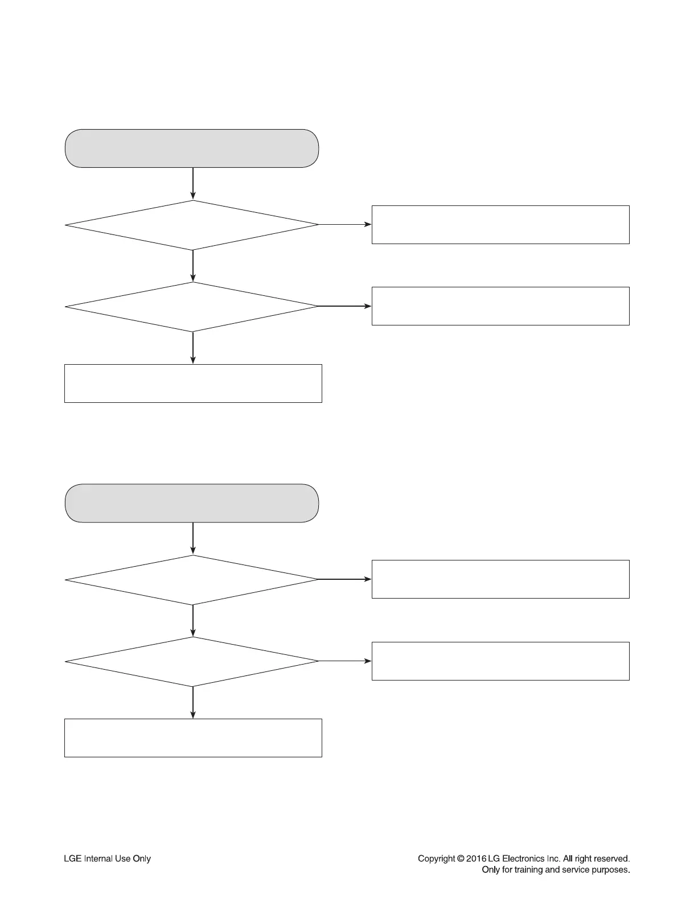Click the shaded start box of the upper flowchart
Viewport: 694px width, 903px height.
[192, 149]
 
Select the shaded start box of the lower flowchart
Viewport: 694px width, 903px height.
[192, 503]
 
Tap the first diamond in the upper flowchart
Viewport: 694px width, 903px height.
[192, 225]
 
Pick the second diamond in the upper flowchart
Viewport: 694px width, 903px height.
[192, 307]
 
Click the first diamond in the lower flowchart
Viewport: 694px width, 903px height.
[192, 580]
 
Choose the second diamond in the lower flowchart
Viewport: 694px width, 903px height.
[192, 661]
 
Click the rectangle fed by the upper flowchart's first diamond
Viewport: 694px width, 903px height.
[500, 225]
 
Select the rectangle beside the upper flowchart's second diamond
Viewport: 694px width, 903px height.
[500, 306]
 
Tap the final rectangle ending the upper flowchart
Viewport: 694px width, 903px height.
[193, 384]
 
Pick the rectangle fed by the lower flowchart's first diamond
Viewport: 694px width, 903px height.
[500, 579]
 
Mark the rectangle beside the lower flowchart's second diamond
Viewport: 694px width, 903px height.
[500, 661]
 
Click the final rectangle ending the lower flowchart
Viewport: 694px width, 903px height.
[193, 738]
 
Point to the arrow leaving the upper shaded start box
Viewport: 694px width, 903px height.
[193, 183]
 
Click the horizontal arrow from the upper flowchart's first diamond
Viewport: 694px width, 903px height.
[345, 225]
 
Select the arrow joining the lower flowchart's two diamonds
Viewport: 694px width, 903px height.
[193, 620]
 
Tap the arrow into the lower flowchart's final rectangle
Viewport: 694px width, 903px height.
[193, 702]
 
